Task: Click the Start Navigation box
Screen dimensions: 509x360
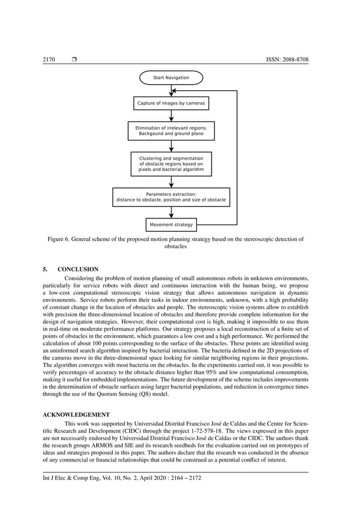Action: [171, 77]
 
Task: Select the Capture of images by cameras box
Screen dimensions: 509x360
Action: [171, 103]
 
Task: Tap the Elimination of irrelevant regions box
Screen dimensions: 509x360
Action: [171, 131]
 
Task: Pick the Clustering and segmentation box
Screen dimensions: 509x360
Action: [171, 164]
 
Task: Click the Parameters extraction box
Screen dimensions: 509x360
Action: [171, 197]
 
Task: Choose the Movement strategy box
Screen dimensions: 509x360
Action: [171, 225]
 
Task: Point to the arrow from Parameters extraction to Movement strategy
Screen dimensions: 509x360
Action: [171, 212]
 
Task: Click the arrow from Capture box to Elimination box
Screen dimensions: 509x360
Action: [171, 116]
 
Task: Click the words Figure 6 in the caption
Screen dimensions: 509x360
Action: [58, 239]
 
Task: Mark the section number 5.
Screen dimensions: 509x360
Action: [46, 269]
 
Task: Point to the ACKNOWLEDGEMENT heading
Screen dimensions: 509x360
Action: [76, 415]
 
